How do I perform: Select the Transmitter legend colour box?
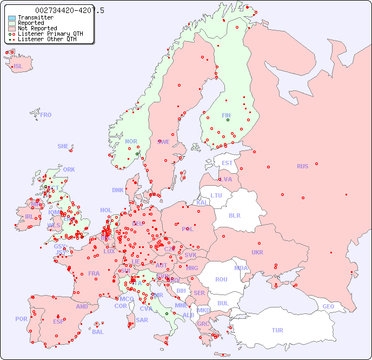(12, 18)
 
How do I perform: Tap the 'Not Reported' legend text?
(37, 28)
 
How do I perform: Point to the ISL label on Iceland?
(18, 67)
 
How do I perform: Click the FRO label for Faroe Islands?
(46, 115)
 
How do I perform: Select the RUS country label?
(302, 166)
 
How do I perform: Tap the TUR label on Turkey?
(277, 330)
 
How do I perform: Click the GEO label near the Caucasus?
(328, 306)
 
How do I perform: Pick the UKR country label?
(257, 252)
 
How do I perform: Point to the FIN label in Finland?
(226, 115)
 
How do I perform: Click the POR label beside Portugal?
(21, 319)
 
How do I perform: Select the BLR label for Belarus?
(234, 215)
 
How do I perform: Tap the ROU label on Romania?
(221, 279)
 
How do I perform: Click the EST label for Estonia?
(227, 163)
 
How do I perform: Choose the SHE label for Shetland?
(63, 146)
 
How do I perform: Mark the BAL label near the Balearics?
(97, 332)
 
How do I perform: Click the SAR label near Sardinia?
(142, 320)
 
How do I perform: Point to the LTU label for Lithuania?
(216, 195)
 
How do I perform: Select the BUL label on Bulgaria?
(223, 303)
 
